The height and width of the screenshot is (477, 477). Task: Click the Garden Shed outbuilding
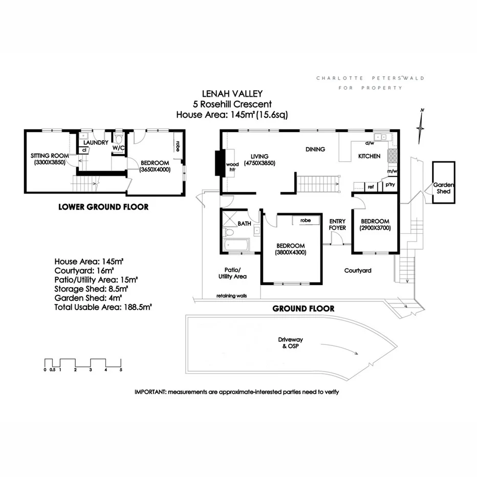pyautogui.click(x=444, y=182)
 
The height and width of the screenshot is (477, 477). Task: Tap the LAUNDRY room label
pyautogui.click(x=96, y=142)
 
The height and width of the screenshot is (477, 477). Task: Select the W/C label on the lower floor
pyautogui.click(x=118, y=148)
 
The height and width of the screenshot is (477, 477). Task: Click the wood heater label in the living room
pyautogui.click(x=232, y=167)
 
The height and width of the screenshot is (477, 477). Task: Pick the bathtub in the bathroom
pyautogui.click(x=236, y=245)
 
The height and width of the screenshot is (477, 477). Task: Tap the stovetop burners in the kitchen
pyautogui.click(x=392, y=155)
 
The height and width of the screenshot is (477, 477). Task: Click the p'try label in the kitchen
pyautogui.click(x=390, y=184)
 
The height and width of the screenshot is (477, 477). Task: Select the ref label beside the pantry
pyautogui.click(x=371, y=187)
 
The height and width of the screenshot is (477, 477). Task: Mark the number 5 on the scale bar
pyautogui.click(x=121, y=370)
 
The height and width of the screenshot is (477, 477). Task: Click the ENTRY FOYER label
pyautogui.click(x=337, y=225)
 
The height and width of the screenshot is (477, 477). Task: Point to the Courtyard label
pyautogui.click(x=358, y=270)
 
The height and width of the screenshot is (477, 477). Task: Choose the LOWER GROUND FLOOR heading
pyautogui.click(x=103, y=207)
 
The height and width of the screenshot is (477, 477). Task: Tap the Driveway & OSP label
pyautogui.click(x=291, y=343)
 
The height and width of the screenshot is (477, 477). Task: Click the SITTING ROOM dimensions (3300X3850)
pyautogui.click(x=50, y=162)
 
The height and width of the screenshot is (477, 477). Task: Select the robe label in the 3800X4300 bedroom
pyautogui.click(x=306, y=220)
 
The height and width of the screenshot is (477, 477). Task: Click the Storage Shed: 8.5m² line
pyautogui.click(x=91, y=289)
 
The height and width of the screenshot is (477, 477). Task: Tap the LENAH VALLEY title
pyautogui.click(x=232, y=94)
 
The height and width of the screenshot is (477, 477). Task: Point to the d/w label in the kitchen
pyautogui.click(x=370, y=143)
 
